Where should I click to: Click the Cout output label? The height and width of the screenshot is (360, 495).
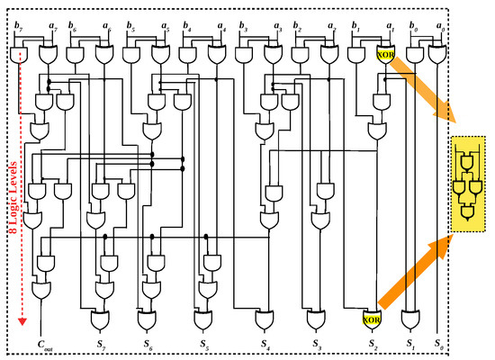[42, 343]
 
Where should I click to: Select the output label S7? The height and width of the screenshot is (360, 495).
[100, 343]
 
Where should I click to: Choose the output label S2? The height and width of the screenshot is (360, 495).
[370, 343]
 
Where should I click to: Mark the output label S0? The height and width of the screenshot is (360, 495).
[437, 343]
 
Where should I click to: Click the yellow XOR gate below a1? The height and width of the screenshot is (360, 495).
[385, 56]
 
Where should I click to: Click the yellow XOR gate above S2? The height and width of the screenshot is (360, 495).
[370, 318]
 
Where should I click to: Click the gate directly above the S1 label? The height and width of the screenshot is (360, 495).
[410, 318]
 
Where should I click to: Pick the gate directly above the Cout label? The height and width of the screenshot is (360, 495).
[41, 290]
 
